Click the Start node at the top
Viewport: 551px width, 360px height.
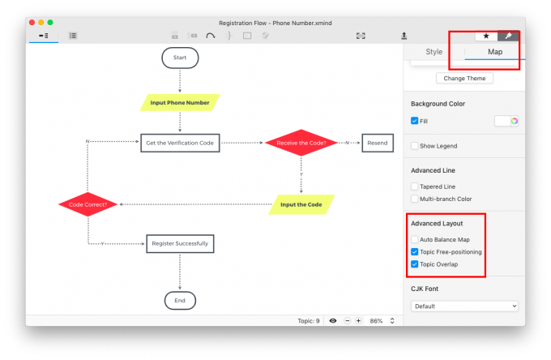180,58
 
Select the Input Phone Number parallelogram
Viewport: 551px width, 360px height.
180,103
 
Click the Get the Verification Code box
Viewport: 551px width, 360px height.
180,143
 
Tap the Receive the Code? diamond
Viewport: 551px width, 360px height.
301,143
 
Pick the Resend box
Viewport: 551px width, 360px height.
378,143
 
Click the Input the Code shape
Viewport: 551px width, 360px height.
301,204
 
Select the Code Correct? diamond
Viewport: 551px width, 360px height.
88,204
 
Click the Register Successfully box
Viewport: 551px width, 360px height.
180,243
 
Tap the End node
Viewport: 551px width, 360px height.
180,301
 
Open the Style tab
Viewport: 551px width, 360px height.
434,52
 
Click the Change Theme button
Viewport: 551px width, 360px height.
464,79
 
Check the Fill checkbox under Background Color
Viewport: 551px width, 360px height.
415,121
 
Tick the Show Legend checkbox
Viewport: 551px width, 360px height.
415,146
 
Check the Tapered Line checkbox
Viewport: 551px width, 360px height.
415,186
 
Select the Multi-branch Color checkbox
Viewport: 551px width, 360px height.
415,199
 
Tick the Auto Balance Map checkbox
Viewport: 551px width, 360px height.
415,239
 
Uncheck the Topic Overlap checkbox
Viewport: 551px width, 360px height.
415,264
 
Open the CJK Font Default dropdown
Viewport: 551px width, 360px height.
464,306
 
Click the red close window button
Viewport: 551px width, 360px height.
32,23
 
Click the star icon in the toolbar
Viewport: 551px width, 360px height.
486,36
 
